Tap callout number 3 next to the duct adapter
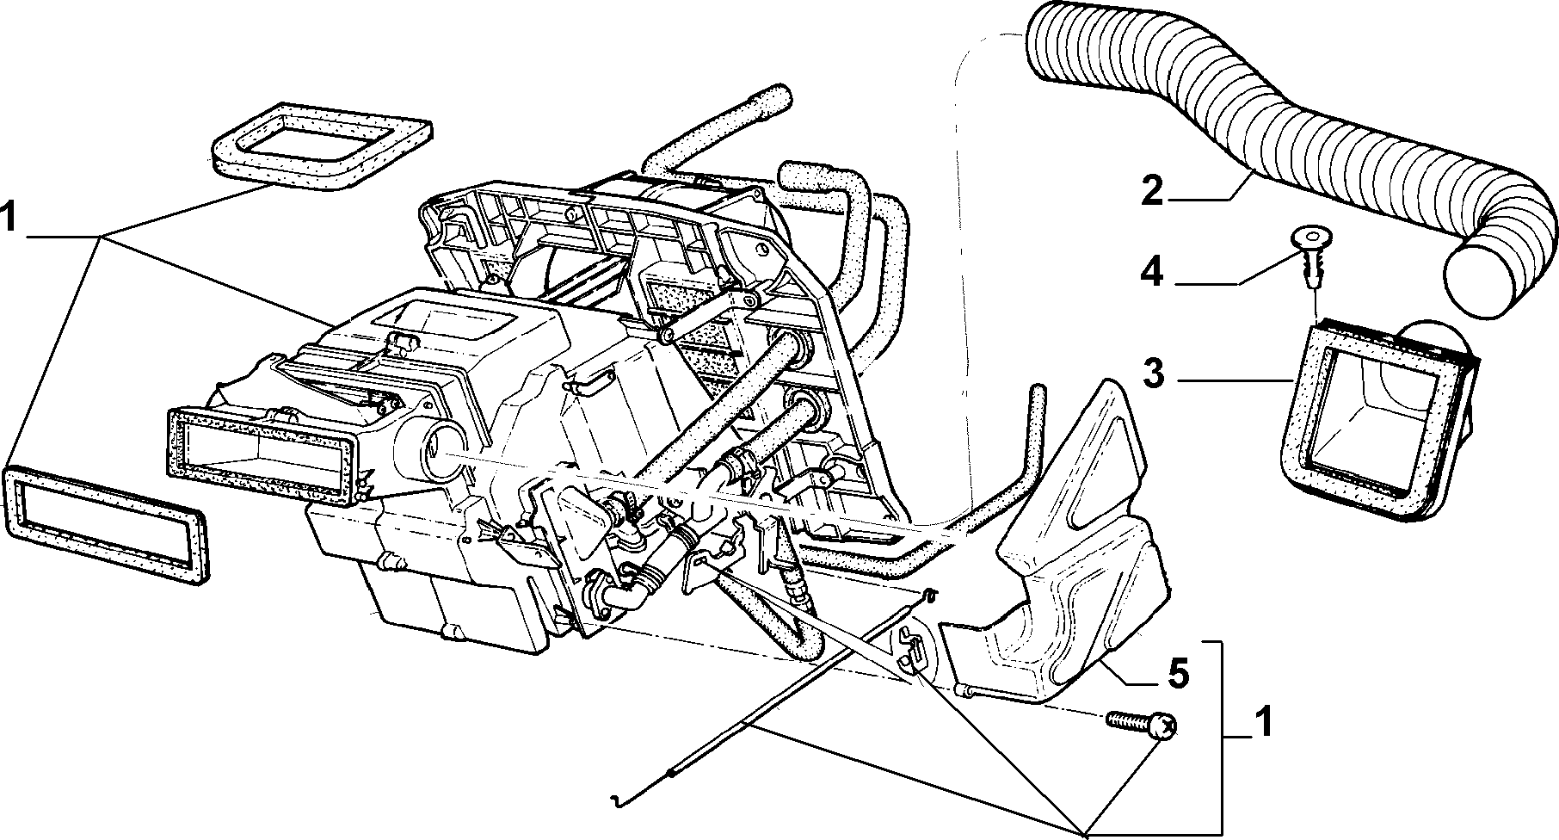point(1153,375)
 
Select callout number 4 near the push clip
point(1151,274)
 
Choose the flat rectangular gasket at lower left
point(108,523)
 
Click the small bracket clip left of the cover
point(912,650)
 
